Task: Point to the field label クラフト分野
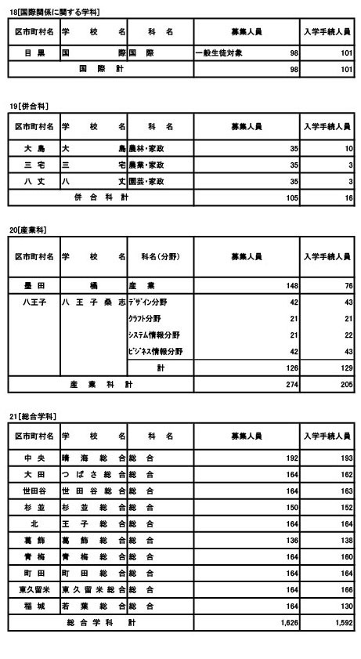(146, 317)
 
